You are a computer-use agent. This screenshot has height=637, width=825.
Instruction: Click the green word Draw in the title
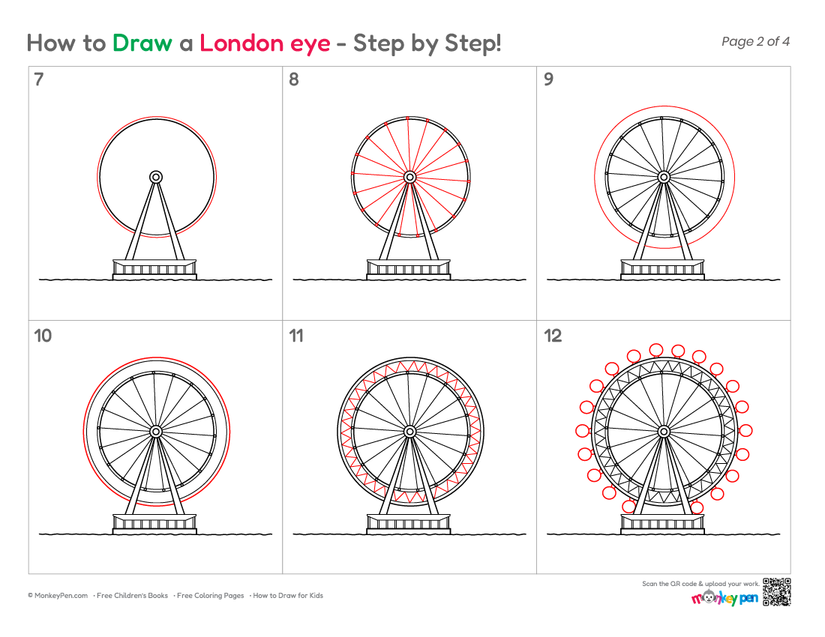pos(142,43)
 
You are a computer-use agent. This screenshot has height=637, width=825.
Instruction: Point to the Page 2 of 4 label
pos(755,41)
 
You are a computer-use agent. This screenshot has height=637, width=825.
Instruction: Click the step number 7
pos(38,79)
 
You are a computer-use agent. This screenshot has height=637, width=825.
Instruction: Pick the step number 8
pos(293,79)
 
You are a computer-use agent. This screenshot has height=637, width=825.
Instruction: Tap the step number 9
pos(549,79)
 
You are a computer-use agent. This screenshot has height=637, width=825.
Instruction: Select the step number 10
pos(43,335)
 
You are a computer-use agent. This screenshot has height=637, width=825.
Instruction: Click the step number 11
pos(296,335)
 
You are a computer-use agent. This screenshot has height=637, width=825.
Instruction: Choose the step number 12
pos(553,335)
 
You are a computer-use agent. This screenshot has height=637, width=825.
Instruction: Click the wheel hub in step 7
pos(156,177)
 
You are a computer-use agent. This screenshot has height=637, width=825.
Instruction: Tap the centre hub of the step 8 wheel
pos(409,177)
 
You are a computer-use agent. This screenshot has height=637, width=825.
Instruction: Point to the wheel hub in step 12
pos(664,432)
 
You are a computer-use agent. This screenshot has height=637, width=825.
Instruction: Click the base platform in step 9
pos(662,269)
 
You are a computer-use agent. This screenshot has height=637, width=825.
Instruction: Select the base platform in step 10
pos(154,524)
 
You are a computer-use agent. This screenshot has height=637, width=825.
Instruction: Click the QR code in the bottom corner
pos(777,592)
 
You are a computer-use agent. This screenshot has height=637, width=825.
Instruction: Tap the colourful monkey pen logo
pos(724,597)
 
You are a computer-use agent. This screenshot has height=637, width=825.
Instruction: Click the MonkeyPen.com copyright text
pos(58,596)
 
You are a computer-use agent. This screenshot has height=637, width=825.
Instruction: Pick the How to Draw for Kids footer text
pos(288,596)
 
